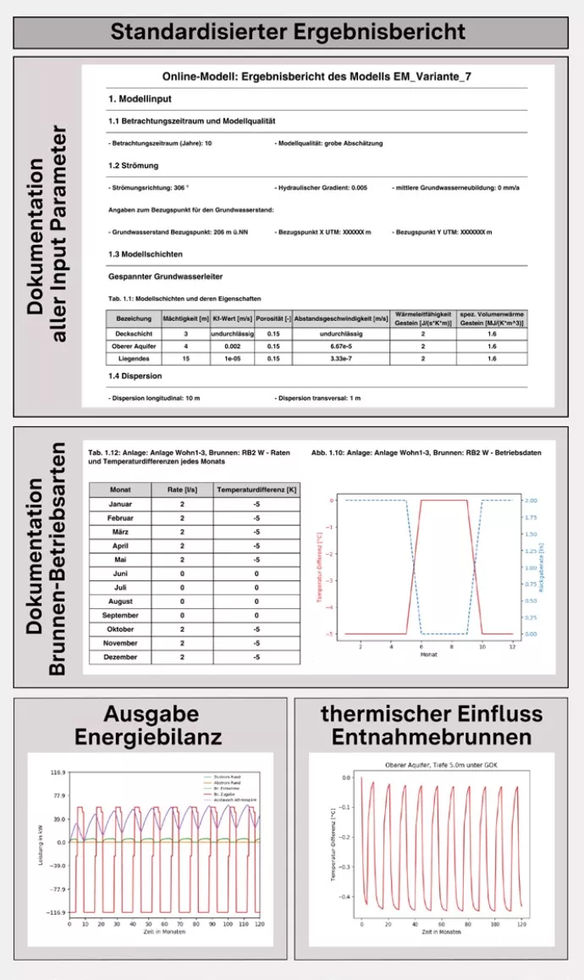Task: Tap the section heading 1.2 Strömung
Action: point(134,165)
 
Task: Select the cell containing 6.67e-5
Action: point(341,346)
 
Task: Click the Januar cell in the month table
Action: point(120,504)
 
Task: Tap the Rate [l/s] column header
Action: point(182,489)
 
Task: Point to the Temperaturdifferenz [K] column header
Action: point(255,489)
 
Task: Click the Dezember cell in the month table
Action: point(120,656)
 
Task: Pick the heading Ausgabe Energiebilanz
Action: point(148,724)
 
